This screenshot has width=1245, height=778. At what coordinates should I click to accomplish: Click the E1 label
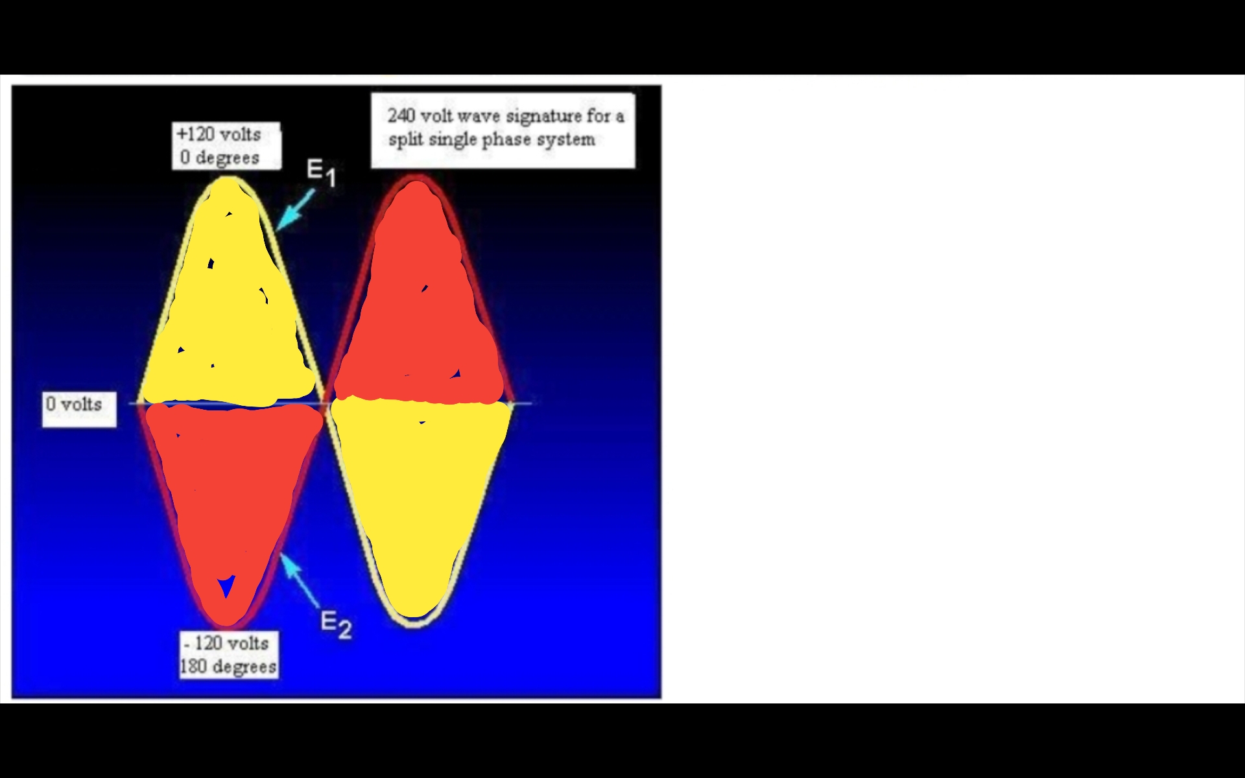[322, 172]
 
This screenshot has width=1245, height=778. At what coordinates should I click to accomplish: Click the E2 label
[337, 624]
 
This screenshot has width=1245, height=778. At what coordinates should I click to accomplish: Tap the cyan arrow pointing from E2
[300, 581]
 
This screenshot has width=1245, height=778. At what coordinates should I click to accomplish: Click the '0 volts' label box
[79, 409]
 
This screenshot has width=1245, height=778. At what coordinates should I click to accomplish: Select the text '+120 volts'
[219, 134]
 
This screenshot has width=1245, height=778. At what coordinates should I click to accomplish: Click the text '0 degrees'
[220, 158]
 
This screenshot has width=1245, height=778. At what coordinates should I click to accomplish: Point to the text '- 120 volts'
[226, 643]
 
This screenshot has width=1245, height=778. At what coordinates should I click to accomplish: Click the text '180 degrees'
[228, 666]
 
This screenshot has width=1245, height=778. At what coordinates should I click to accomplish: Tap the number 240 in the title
[401, 115]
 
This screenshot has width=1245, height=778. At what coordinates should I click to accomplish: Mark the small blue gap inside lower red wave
[226, 587]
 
